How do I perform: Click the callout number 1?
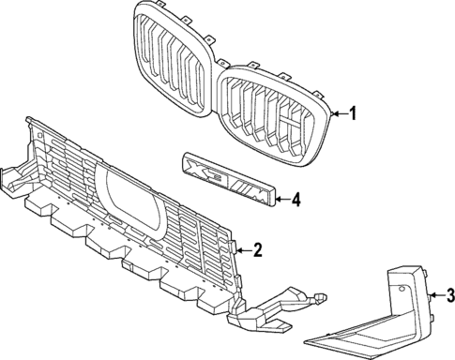[354, 113]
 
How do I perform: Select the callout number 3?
[449, 298]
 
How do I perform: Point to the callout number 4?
[296, 199]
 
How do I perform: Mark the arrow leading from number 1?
[339, 113]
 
